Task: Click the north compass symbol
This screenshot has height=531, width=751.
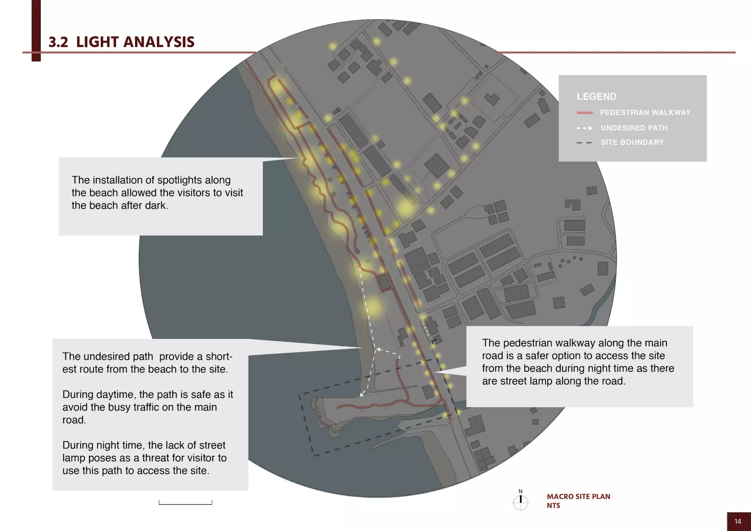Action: pos(520,502)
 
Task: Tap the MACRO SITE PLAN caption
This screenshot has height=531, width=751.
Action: pos(578,497)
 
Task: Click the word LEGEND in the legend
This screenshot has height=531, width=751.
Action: pos(596,97)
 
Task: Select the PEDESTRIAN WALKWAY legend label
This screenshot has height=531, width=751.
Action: pos(645,113)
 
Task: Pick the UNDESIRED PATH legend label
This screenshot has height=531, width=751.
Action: pos(634,128)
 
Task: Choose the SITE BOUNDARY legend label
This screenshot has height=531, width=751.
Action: pos(632,142)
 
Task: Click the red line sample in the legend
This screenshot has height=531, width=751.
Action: pos(585,113)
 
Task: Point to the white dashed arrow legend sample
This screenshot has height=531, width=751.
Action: pos(585,128)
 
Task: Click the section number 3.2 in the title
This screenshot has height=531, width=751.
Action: pos(58,42)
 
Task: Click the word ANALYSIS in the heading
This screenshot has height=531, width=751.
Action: pos(159,42)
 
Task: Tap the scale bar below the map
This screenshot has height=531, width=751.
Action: pos(185,503)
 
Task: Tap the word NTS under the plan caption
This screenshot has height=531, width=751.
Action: pos(553,506)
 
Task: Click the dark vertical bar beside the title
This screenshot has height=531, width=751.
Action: pos(36,29)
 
